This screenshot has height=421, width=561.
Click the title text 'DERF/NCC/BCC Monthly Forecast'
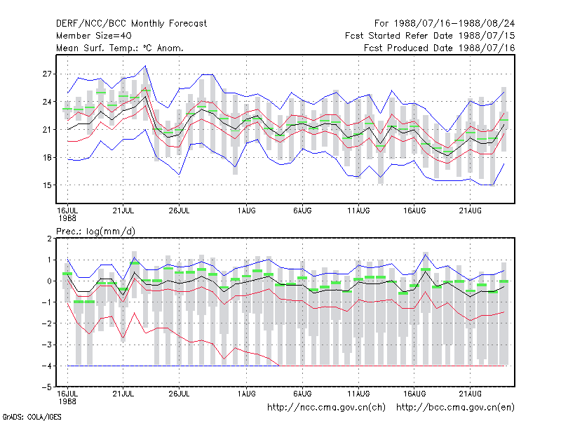pos(131,24)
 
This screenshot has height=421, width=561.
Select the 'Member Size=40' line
pos(94,36)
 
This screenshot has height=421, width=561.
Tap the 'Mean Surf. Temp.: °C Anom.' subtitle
pos(119,48)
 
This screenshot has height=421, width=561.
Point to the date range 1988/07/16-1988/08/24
pos(454,24)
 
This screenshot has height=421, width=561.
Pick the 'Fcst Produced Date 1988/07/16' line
pos(440,48)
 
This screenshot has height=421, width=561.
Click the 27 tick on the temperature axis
pos(47,74)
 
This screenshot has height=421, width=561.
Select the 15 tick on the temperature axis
pos(47,185)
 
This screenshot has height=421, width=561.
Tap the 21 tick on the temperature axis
pos(47,130)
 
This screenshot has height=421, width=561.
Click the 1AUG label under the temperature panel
pos(247,210)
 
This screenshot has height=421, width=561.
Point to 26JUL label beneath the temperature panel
pos(179,210)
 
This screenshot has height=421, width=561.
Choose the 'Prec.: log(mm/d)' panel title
pos(95,232)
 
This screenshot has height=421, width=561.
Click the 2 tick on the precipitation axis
pos(49,239)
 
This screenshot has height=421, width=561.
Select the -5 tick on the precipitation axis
pos(47,387)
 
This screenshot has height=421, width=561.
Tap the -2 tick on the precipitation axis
pos(47,323)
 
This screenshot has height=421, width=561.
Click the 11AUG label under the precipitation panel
pos(358,394)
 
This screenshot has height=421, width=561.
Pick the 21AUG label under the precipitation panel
pos(470,394)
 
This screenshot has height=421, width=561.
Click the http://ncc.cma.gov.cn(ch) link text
pos(326,408)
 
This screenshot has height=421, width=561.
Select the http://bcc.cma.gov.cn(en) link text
pos(455,408)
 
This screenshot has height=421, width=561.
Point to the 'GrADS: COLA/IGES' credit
pos(32,417)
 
